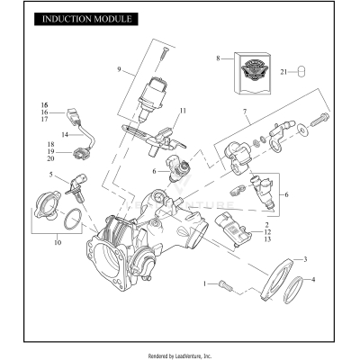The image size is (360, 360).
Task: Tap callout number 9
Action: tap(118, 68)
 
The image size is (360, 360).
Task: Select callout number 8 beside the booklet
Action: tap(217, 58)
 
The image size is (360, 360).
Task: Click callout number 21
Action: tap(285, 72)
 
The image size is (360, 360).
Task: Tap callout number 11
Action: tap(182, 110)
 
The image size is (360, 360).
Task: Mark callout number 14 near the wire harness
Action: tap(64, 135)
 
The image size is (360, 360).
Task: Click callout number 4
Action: tap(312, 280)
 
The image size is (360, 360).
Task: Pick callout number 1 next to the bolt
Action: tap(206, 283)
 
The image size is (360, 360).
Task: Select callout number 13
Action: tap(267, 239)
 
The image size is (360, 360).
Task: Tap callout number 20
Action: tap(51, 157)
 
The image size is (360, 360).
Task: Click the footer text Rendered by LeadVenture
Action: tap(180, 355)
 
